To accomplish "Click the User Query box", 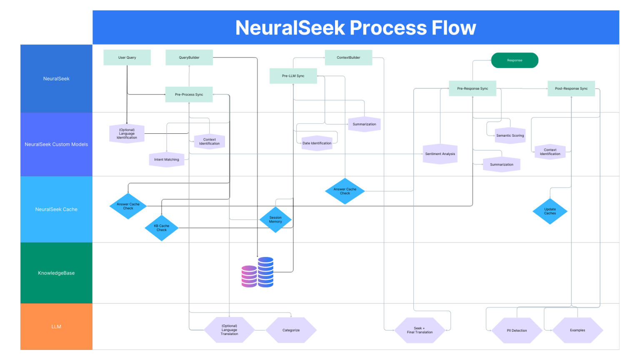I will pyautogui.click(x=127, y=57).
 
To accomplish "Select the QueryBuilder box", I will pyautogui.click(x=189, y=57).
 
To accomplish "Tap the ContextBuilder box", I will pyautogui.click(x=348, y=57).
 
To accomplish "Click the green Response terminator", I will pyautogui.click(x=515, y=60).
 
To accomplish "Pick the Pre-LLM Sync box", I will pyautogui.click(x=293, y=76).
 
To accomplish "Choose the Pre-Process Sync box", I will pyautogui.click(x=189, y=95).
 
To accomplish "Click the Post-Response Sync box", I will pyautogui.click(x=571, y=88).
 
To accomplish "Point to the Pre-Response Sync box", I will pyautogui.click(x=472, y=88).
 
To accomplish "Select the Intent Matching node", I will pyautogui.click(x=167, y=160).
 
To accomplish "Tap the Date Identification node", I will pyautogui.click(x=317, y=143).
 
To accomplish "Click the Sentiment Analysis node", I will pyautogui.click(x=440, y=154).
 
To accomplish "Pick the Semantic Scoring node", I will pyautogui.click(x=510, y=135).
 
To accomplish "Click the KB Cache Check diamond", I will pyautogui.click(x=162, y=228).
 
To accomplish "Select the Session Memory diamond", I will pyautogui.click(x=275, y=220).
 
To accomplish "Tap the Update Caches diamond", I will pyautogui.click(x=550, y=211).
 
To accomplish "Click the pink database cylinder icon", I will pyautogui.click(x=249, y=276).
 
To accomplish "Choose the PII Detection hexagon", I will pyautogui.click(x=517, y=330).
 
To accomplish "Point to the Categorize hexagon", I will pyautogui.click(x=291, y=330).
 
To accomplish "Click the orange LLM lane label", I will pyautogui.click(x=56, y=327).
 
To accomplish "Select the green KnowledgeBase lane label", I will pyautogui.click(x=56, y=273).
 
